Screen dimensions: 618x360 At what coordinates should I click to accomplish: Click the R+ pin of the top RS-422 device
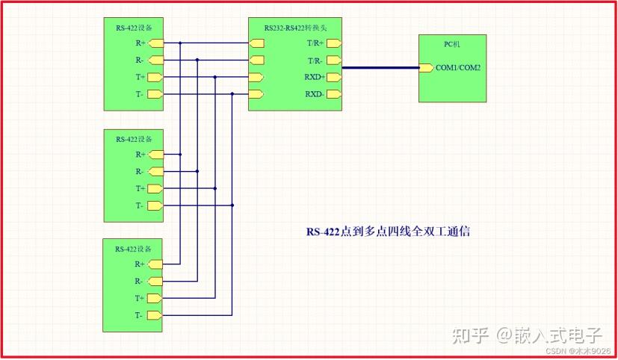click(x=156, y=43)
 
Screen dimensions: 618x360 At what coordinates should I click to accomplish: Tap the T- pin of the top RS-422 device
click(x=155, y=94)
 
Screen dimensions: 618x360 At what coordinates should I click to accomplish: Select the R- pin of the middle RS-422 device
click(x=156, y=172)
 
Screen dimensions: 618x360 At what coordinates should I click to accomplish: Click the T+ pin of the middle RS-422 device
click(x=155, y=189)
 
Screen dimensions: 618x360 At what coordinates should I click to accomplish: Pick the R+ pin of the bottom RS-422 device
click(x=155, y=264)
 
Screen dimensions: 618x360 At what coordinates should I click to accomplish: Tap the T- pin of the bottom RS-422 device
click(x=155, y=315)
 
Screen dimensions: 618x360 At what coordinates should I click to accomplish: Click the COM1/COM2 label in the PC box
click(x=458, y=68)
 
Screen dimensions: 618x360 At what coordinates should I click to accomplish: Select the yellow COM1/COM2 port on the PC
click(x=427, y=68)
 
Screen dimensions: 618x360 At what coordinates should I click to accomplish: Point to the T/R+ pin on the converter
click(x=334, y=43)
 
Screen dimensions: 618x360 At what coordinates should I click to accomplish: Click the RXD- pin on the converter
click(x=334, y=94)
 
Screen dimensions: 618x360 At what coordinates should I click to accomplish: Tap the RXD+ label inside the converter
click(x=315, y=77)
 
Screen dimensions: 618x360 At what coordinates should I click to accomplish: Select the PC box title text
click(x=452, y=44)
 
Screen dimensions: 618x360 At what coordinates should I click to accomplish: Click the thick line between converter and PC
click(x=380, y=68)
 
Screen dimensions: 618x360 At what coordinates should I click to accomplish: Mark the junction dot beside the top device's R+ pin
click(x=180, y=43)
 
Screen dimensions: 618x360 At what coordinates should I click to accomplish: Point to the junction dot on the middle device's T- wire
click(x=232, y=205)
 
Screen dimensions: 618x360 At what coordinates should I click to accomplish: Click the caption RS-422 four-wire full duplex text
click(x=389, y=232)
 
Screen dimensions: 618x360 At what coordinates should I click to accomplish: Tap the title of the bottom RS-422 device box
click(x=133, y=249)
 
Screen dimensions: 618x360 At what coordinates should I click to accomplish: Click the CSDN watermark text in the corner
click(x=578, y=350)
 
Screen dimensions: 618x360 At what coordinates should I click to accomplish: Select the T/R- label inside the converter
click(x=315, y=60)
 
